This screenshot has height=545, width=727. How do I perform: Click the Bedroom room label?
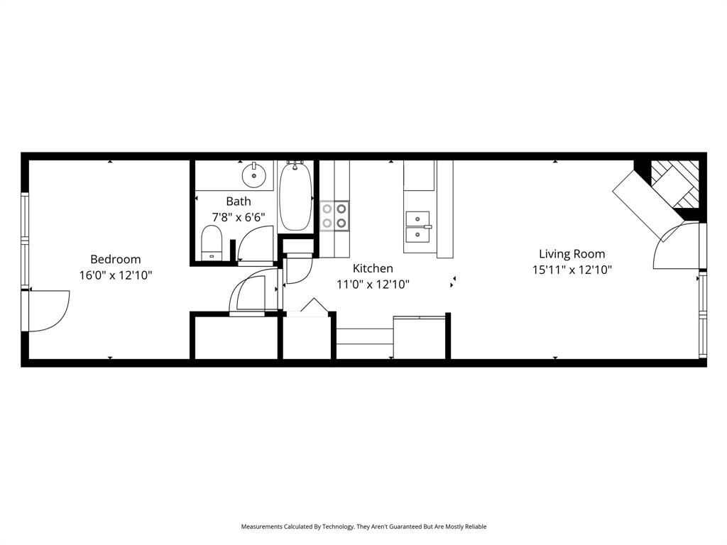[x=115, y=260]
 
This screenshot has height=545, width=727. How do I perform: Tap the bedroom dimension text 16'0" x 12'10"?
[x=115, y=275]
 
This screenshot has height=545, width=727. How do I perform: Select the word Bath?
[x=239, y=202]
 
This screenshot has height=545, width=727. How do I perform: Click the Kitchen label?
[x=373, y=269]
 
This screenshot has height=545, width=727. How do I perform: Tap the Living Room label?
[x=572, y=254]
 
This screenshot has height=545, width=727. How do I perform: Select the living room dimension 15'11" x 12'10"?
[x=572, y=270]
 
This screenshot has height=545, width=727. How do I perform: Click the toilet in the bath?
[x=212, y=243]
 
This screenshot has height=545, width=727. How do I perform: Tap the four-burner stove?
[x=334, y=216]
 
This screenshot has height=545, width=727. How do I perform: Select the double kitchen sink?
[x=418, y=226]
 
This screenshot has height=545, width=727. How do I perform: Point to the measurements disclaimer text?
[x=363, y=527]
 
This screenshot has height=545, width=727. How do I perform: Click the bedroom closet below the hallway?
[x=235, y=338]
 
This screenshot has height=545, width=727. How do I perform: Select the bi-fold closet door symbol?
[x=313, y=306]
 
